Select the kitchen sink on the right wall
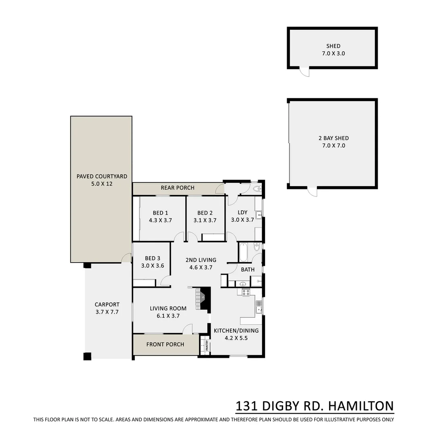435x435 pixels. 259,307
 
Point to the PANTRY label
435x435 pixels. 207,346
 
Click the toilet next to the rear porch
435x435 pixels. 257,188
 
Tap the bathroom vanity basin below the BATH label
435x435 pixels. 242,284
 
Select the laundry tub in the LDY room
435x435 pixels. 259,215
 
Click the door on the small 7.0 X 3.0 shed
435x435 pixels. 304,72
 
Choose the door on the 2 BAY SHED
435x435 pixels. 312,192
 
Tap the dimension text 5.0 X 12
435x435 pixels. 102,184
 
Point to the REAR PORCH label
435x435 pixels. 178,188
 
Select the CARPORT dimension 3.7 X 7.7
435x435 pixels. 107,312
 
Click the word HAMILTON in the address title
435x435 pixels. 360,406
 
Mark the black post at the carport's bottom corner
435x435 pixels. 87,356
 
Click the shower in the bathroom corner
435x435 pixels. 256,281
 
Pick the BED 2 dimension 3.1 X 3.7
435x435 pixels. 205,220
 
